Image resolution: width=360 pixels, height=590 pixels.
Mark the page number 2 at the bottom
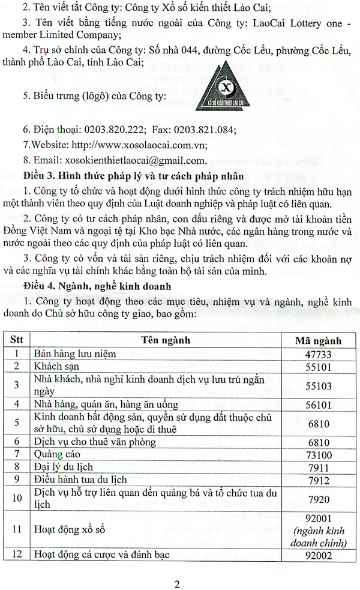tap(178, 580)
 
